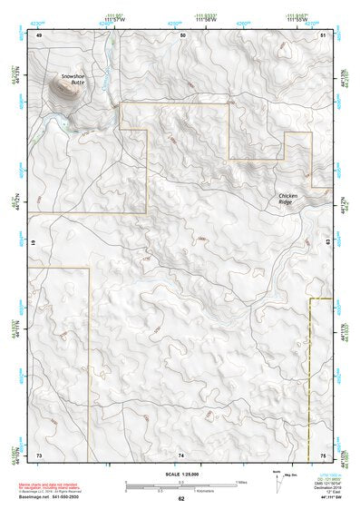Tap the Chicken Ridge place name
[x=288, y=200]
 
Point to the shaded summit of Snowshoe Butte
[x=64, y=88]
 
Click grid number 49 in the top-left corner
[x=39, y=35]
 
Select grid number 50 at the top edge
[x=183, y=34]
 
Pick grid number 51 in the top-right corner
[x=323, y=34]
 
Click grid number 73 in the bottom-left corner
[x=39, y=454]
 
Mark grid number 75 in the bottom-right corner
[x=323, y=454]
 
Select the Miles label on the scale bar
[x=241, y=482]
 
